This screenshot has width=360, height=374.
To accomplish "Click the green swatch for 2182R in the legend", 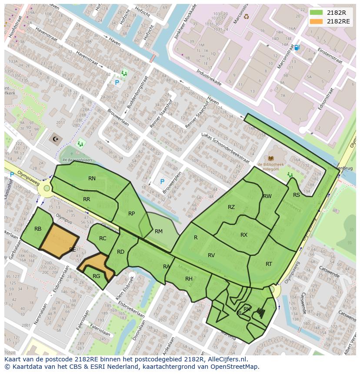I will [316, 13].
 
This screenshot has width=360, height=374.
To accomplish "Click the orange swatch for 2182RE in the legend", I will [316, 21].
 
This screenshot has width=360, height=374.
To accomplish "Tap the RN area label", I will [92, 179].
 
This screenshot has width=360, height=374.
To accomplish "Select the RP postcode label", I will [131, 213].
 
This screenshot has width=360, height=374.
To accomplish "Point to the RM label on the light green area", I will [158, 232].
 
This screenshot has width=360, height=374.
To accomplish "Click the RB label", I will [38, 229].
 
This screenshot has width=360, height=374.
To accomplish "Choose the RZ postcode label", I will [231, 207].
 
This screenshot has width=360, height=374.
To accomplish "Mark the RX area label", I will [244, 235].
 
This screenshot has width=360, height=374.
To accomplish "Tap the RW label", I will [267, 196].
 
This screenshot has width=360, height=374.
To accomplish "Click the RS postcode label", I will [297, 195].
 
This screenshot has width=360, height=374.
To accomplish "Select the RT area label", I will [269, 264].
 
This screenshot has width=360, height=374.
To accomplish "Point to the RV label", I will [211, 255].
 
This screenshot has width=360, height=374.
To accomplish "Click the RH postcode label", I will [189, 279].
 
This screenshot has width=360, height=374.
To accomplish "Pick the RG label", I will [97, 276].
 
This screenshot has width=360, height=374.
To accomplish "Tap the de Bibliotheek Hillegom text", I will [271, 167].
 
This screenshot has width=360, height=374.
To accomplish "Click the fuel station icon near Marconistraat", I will [297, 47].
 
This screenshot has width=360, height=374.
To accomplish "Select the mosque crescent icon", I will [55, 139].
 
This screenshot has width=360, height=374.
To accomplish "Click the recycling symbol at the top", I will [246, 17].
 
